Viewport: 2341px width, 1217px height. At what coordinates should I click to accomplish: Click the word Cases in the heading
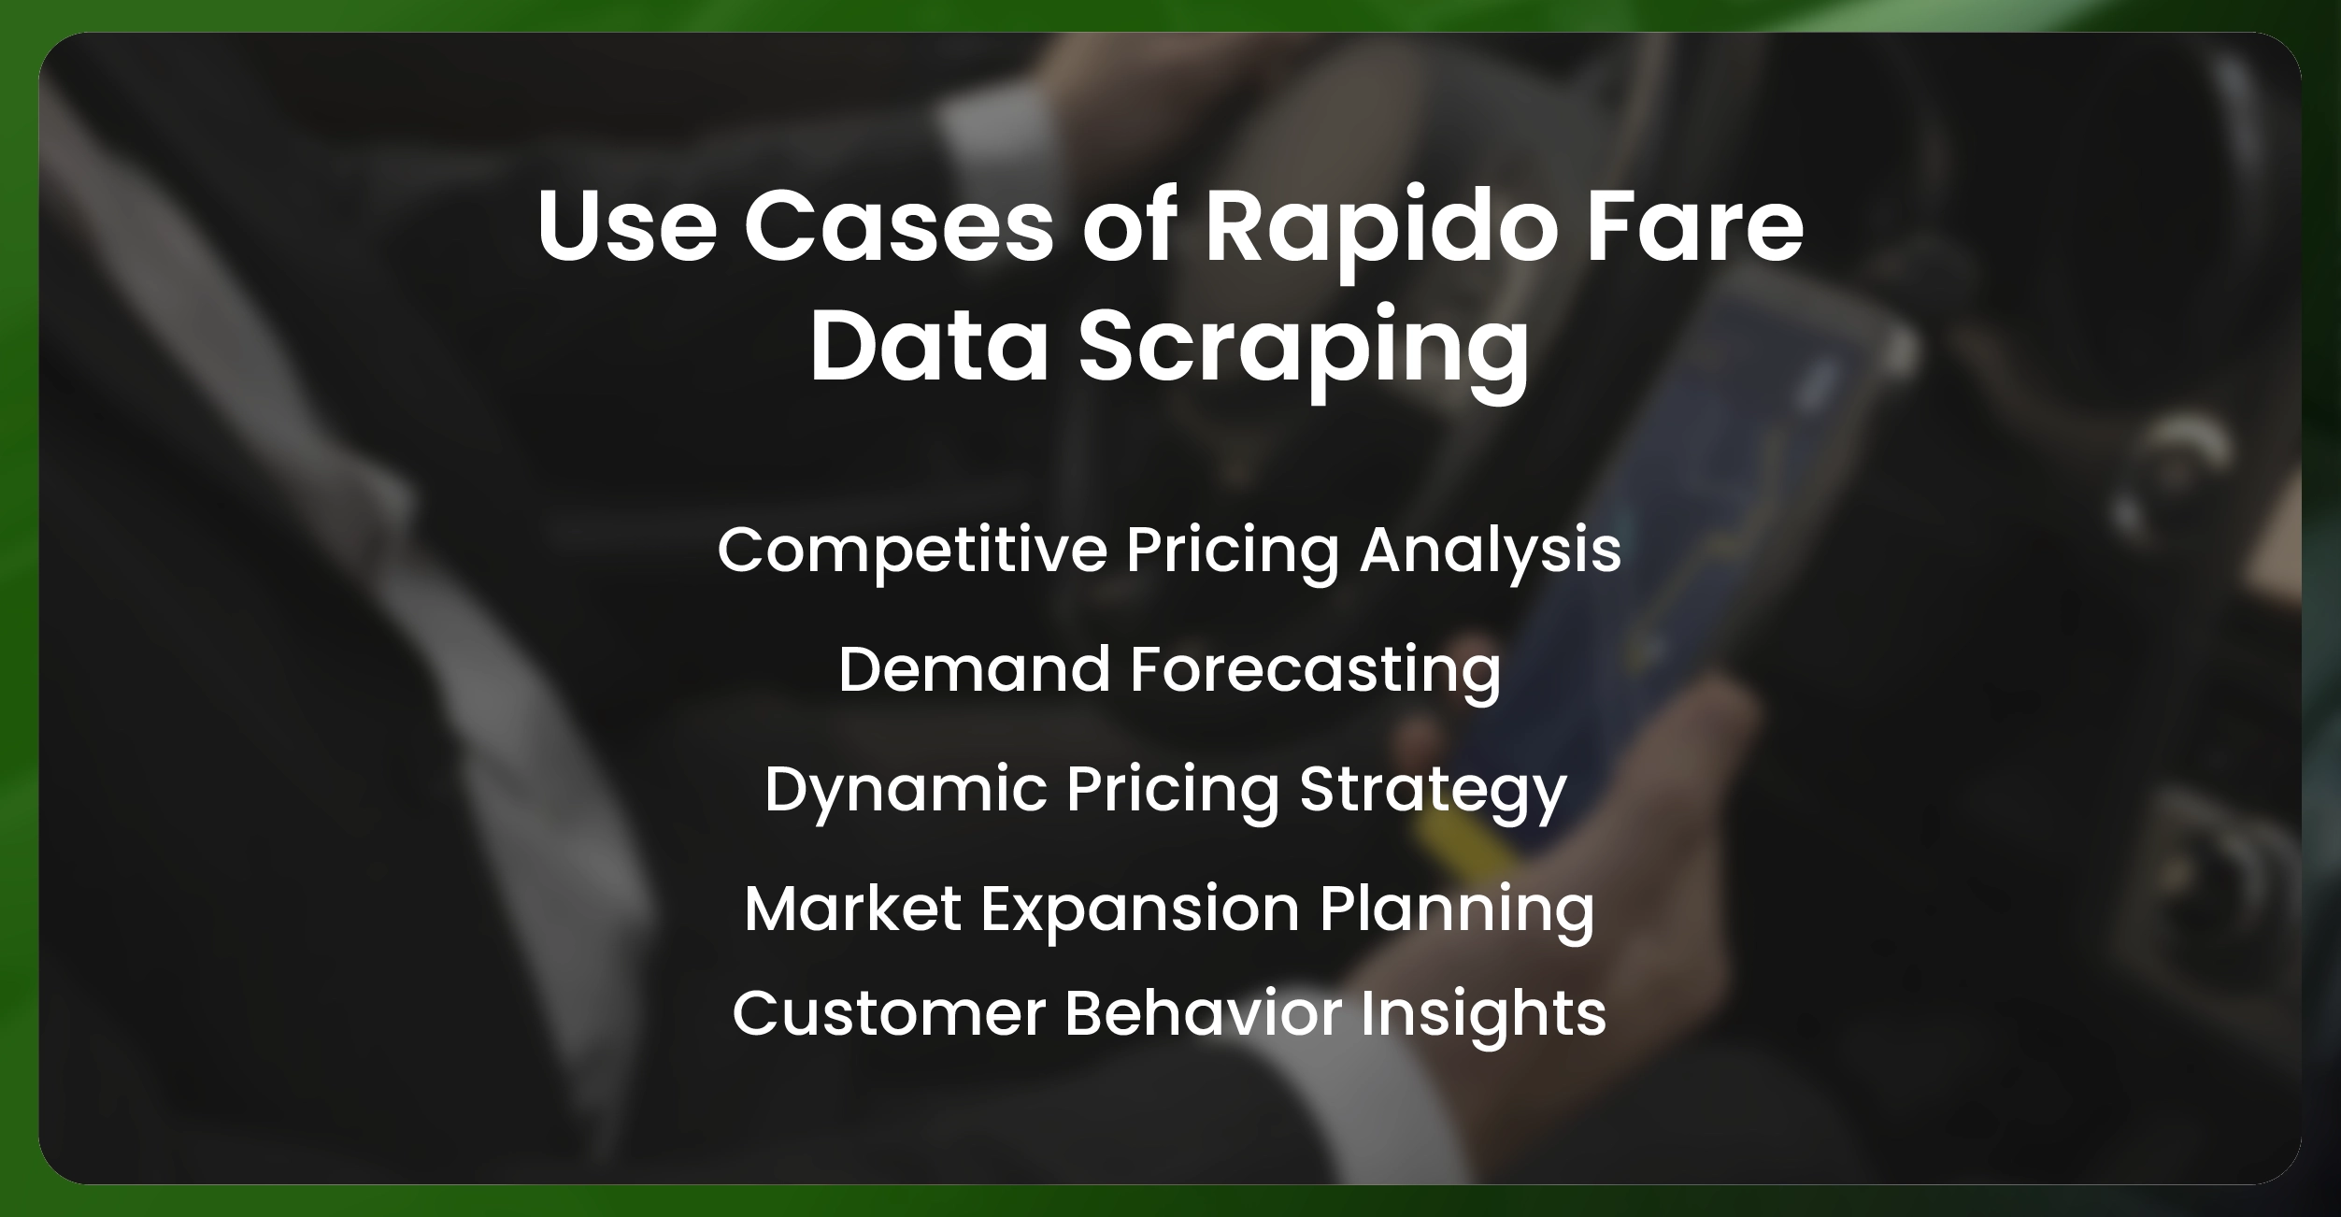[x=899, y=225]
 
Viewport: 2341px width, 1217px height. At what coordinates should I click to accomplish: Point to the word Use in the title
[x=627, y=225]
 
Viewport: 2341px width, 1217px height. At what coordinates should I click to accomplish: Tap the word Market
[x=853, y=909]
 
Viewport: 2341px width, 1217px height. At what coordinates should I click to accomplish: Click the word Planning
[x=1457, y=910]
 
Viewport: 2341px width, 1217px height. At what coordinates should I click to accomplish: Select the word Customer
[x=889, y=1013]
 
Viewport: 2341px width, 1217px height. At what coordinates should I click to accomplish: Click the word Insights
[x=1483, y=1015]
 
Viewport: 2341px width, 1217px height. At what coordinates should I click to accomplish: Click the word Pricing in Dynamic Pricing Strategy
[x=1173, y=792]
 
